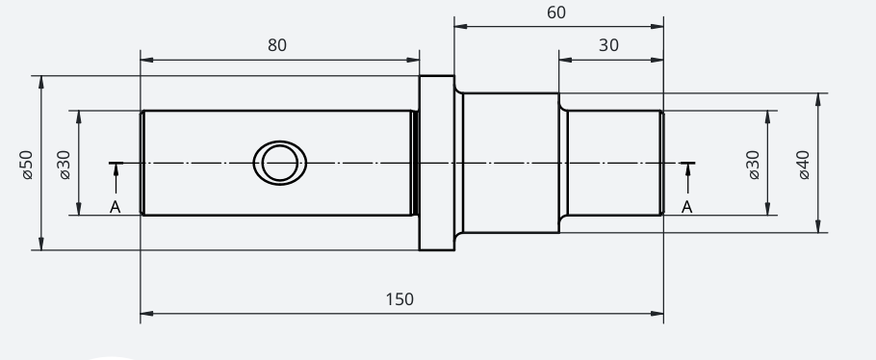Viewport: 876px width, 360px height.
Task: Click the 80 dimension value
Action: [277, 45]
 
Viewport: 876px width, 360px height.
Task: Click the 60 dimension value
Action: [555, 13]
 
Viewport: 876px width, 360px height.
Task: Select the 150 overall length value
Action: [400, 299]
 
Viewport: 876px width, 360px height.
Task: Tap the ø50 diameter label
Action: [27, 165]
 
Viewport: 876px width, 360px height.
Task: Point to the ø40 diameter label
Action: [804, 165]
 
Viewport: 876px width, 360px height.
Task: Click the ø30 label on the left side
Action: [64, 165]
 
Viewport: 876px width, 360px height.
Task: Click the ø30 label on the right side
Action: [753, 165]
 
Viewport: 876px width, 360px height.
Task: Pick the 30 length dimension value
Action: [608, 45]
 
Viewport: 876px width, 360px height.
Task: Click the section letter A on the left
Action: [116, 207]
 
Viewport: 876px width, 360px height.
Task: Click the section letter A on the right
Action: [687, 207]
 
